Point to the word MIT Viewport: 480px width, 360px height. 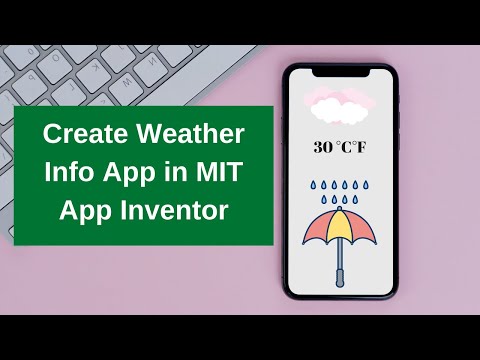(217, 172)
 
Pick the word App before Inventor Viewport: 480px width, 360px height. (87, 211)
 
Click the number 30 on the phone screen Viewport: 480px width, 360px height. (323, 147)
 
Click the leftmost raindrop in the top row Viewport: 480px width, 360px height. (313, 184)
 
